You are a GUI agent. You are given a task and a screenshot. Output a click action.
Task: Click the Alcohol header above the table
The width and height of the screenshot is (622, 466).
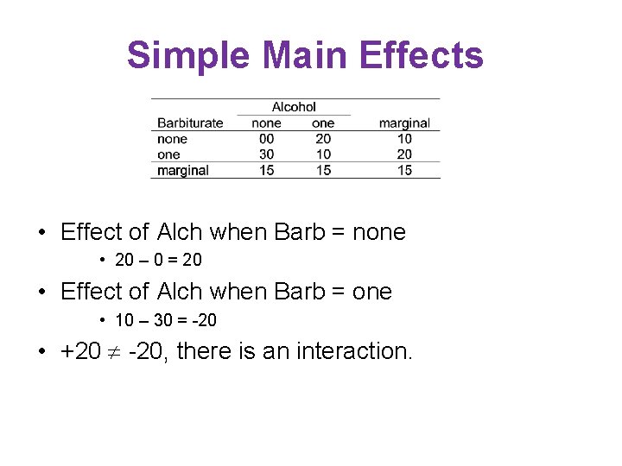(x=294, y=107)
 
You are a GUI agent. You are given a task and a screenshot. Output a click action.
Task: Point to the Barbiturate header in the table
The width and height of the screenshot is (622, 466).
(x=190, y=123)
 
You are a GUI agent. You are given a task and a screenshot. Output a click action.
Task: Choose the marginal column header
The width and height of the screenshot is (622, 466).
(x=403, y=123)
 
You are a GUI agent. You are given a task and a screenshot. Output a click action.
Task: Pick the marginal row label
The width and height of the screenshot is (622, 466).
(x=182, y=170)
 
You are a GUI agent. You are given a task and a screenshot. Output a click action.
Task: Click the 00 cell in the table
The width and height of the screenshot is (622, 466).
(x=266, y=139)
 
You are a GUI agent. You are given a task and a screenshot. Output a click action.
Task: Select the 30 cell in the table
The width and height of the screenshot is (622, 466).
(x=266, y=154)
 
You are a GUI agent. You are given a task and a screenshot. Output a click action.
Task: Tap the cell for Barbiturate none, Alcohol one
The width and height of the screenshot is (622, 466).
(x=322, y=139)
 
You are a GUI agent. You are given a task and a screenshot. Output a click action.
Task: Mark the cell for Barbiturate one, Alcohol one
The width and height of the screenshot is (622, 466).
(x=322, y=154)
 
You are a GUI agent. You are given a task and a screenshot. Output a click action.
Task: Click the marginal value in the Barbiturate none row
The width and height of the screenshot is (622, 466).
(x=403, y=139)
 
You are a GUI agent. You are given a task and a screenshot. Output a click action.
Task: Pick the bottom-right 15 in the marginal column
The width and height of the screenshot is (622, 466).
(x=403, y=170)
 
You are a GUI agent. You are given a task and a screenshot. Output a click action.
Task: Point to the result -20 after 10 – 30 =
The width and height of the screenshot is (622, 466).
(x=205, y=320)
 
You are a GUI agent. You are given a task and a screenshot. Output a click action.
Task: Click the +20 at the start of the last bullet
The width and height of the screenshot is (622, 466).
(x=79, y=351)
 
